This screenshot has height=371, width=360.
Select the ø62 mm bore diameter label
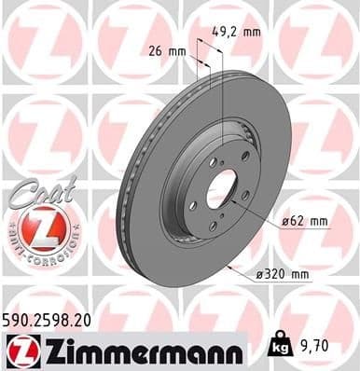[x=305, y=221]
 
